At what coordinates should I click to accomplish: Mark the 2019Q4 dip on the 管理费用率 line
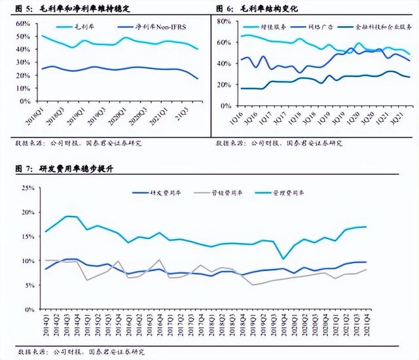pyautogui.click(x=283, y=259)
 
